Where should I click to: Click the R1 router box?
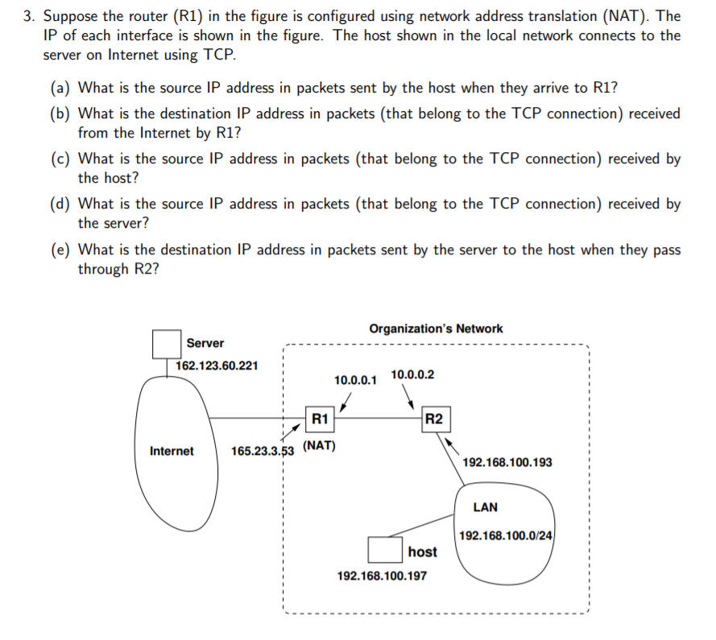tap(320, 418)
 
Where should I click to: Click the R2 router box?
tap(433, 419)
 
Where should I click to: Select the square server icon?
tap(166, 345)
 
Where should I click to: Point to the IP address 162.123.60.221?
tap(217, 365)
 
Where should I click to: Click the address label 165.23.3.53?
tap(263, 451)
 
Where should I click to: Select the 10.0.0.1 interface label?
tap(355, 379)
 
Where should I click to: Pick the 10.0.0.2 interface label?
tap(412, 374)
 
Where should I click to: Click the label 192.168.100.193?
tap(508, 463)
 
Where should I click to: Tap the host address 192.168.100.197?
tap(383, 576)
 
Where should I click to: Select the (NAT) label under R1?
tap(320, 445)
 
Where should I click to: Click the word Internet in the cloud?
tap(172, 451)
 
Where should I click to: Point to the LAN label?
tap(485, 507)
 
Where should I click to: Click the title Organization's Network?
tap(436, 328)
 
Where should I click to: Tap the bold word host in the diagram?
tap(422, 551)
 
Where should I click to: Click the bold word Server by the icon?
tap(205, 343)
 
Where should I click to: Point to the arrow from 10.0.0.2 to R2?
tap(409, 397)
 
